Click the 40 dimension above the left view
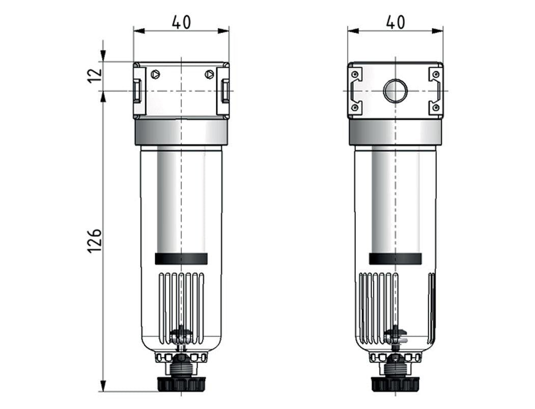click(x=181, y=22)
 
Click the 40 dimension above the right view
click(x=396, y=22)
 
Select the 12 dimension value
click(x=95, y=76)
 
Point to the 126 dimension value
click(x=95, y=240)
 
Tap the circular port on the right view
click(x=395, y=91)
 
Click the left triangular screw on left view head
click(x=155, y=74)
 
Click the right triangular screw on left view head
click(x=209, y=74)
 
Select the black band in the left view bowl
click(x=181, y=259)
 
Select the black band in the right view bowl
click(x=395, y=259)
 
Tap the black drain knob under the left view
click(x=181, y=384)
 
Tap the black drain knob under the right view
click(x=395, y=384)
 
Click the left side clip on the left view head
click(x=137, y=91)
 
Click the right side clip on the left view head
click(x=224, y=91)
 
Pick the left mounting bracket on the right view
click(x=356, y=91)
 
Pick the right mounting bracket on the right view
click(x=435, y=91)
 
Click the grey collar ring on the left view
click(x=181, y=132)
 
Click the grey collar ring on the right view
click(x=395, y=132)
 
